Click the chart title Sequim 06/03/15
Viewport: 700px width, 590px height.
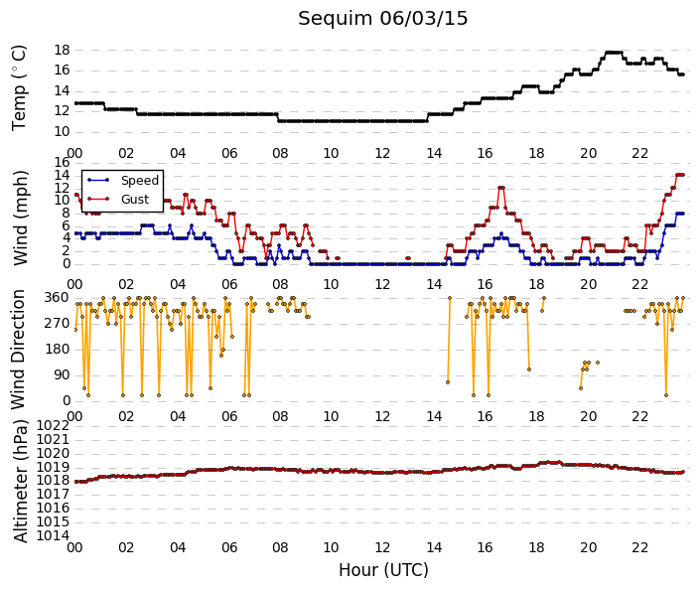click(x=382, y=19)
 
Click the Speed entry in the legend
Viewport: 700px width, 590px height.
click(x=140, y=181)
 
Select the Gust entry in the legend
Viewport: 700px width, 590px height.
click(x=135, y=200)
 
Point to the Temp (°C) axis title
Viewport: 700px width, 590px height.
click(x=19, y=88)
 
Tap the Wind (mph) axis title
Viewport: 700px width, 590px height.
click(x=20, y=218)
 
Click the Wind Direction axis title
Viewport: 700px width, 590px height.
click(x=18, y=350)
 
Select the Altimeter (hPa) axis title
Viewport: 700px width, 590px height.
click(x=20, y=481)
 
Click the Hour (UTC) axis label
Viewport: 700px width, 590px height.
click(x=383, y=570)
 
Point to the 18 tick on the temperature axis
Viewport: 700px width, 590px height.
click(x=62, y=50)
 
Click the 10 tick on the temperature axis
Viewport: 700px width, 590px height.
click(x=62, y=132)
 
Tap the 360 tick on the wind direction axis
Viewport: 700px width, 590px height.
click(x=57, y=298)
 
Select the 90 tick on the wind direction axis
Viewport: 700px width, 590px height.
click(x=62, y=375)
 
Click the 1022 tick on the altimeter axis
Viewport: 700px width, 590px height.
click(x=53, y=426)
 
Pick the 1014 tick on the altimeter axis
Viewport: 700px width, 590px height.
click(x=53, y=535)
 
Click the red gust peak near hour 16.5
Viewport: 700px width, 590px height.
click(x=501, y=188)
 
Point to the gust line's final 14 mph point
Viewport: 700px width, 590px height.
click(x=682, y=175)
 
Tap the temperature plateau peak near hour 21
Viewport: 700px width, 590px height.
click(x=613, y=53)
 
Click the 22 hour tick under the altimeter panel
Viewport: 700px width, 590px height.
click(x=639, y=547)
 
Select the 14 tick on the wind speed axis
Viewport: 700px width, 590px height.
click(x=62, y=175)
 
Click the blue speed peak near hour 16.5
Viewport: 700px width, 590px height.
click(x=501, y=233)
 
